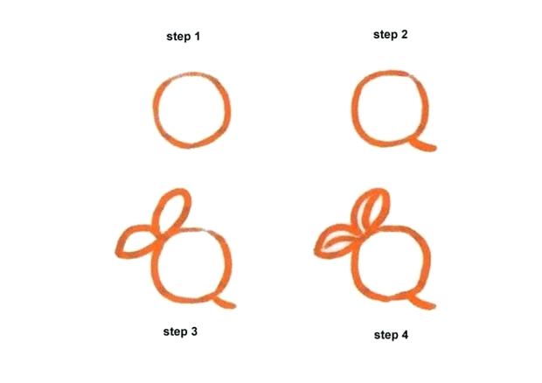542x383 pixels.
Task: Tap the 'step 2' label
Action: (391, 35)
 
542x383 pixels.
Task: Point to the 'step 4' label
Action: (391, 334)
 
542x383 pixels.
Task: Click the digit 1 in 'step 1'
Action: (198, 37)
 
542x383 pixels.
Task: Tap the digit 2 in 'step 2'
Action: (405, 35)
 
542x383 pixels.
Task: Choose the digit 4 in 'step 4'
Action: (405, 334)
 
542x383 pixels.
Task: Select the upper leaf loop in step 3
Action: (173, 208)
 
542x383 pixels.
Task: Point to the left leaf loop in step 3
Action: (135, 240)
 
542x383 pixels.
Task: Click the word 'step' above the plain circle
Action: (178, 37)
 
